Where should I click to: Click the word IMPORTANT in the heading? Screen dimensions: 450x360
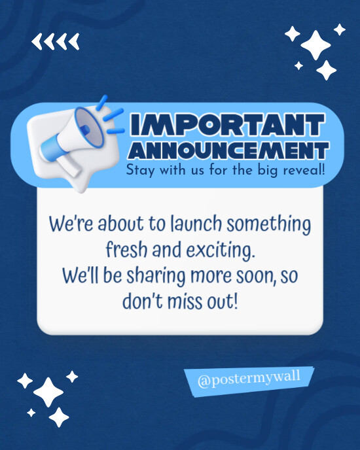pyautogui.click(x=226, y=124)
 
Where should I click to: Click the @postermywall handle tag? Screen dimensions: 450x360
pyautogui.click(x=249, y=380)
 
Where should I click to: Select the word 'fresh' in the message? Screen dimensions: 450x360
pyautogui.click(x=127, y=250)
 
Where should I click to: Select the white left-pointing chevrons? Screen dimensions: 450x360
pyautogui.click(x=56, y=42)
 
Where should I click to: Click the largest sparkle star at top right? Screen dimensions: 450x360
pyautogui.click(x=315, y=44)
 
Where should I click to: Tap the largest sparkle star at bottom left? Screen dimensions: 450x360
pyautogui.click(x=48, y=392)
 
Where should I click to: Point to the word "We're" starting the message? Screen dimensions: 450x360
pyautogui.click(x=69, y=225)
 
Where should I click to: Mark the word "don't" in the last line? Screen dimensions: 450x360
pyautogui.click(x=141, y=300)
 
